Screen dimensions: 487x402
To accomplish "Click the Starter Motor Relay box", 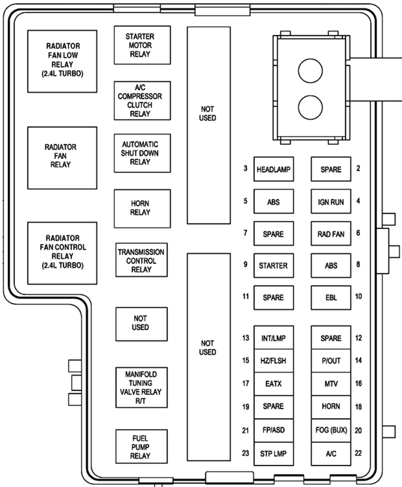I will pyautogui.click(x=142, y=45).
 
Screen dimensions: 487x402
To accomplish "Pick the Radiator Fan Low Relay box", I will pyautogui.click(x=62, y=60).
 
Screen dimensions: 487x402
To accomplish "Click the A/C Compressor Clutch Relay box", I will pyautogui.click(x=142, y=101).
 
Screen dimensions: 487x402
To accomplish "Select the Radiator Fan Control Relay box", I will pyautogui.click(x=62, y=252).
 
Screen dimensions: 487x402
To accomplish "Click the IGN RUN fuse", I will pyautogui.click(x=331, y=201).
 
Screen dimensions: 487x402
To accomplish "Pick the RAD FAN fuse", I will pyautogui.click(x=331, y=233).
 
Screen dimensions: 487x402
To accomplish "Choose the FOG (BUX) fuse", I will pyautogui.click(x=331, y=430).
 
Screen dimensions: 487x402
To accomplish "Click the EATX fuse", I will pyautogui.click(x=273, y=384).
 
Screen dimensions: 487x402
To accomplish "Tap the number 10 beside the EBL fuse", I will pyautogui.click(x=358, y=296).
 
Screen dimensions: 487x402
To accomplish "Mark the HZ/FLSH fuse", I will pyautogui.click(x=273, y=361).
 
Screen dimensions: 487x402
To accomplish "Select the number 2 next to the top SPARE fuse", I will pyautogui.click(x=358, y=169).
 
